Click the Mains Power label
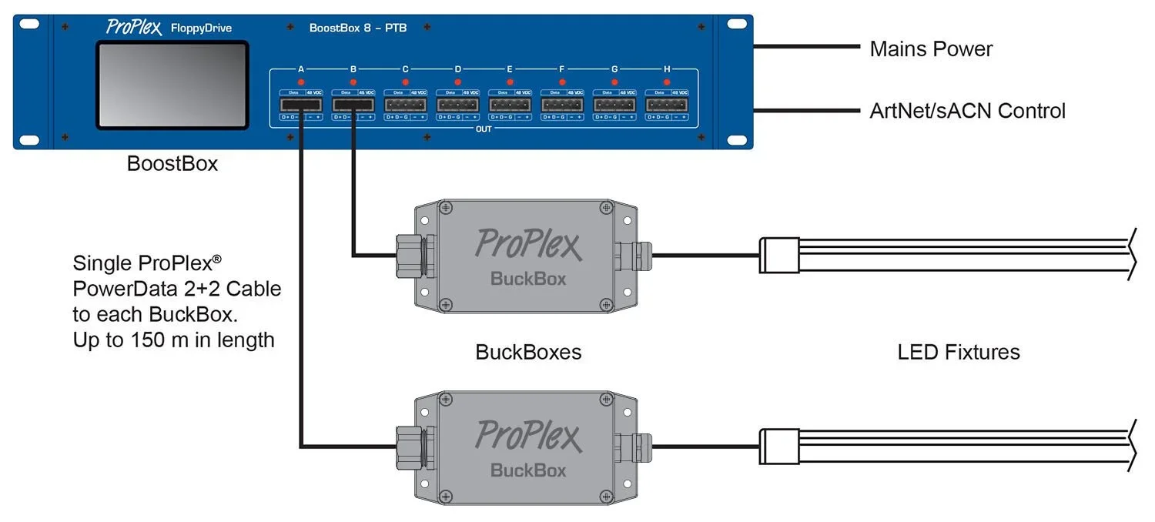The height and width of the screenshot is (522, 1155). click(931, 49)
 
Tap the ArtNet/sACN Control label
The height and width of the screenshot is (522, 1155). click(967, 111)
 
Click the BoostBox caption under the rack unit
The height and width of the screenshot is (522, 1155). click(172, 164)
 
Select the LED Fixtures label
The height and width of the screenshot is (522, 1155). click(959, 353)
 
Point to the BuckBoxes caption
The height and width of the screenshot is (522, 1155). click(528, 353)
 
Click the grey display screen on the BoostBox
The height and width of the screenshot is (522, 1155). click(172, 85)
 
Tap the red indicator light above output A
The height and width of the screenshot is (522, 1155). click(301, 82)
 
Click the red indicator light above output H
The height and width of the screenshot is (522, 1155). click(667, 82)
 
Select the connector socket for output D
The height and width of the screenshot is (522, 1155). click(457, 104)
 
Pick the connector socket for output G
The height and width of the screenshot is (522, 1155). click(614, 104)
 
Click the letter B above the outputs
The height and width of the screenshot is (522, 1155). click(353, 69)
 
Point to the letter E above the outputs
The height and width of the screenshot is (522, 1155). click(510, 69)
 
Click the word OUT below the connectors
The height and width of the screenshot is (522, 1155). click(484, 129)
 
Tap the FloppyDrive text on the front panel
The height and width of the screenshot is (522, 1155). click(201, 29)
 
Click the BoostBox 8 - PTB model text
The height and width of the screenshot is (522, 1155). click(358, 28)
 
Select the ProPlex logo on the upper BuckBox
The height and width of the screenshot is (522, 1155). click(527, 243)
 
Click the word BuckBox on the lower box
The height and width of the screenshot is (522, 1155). click(528, 470)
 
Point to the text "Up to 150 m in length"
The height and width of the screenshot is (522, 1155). click(174, 339)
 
